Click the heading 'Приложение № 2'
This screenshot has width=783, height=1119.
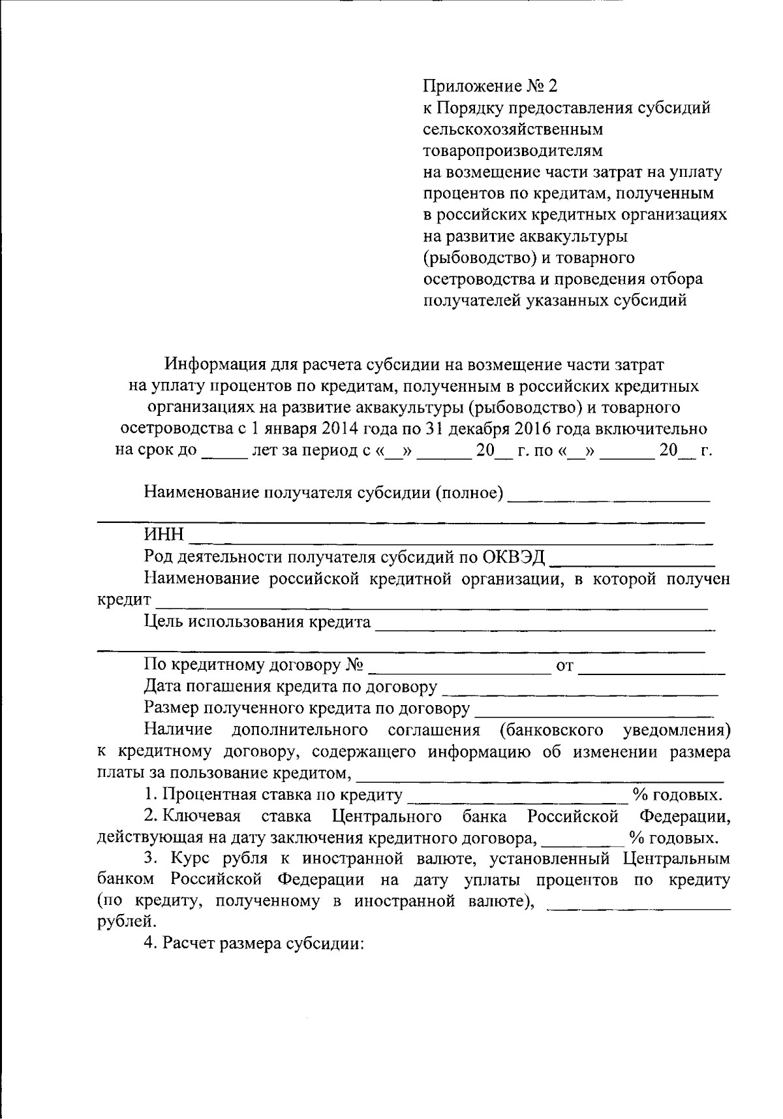point(491,86)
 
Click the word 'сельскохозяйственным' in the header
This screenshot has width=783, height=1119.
point(513,129)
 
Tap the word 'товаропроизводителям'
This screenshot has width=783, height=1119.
point(513,151)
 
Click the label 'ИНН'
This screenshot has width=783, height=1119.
point(164,535)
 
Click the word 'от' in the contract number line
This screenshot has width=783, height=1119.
point(564,667)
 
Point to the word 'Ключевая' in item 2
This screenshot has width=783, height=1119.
point(202,817)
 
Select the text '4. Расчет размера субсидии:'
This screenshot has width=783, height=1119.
point(253,944)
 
